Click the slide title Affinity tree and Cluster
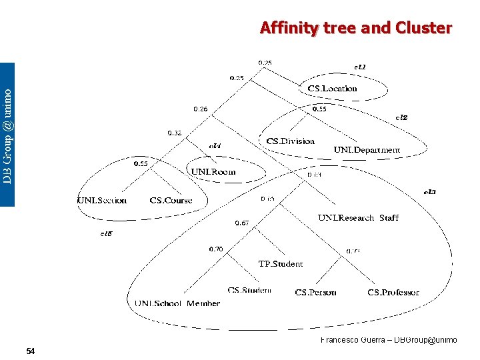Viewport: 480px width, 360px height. coord(356,28)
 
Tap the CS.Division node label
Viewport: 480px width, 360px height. coord(290,141)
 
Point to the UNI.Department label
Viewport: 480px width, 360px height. coord(367,150)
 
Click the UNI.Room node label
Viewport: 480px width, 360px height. coord(213,171)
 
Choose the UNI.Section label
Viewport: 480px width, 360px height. coord(102,200)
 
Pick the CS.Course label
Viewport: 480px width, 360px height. coord(171,200)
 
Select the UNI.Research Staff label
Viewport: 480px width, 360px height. coord(358,217)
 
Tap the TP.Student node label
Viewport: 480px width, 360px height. coord(280,264)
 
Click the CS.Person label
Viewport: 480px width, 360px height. coord(315,292)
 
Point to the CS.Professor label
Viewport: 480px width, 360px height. coord(393,292)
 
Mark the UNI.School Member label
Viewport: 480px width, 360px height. coord(177,303)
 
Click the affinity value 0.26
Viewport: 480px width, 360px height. coord(200,109)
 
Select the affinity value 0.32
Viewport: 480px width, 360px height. coord(175,133)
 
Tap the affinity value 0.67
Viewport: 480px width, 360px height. coord(241,223)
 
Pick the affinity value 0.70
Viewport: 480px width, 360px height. coord(216,249)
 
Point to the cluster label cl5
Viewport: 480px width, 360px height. coord(106,233)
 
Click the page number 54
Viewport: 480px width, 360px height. coord(31,351)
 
